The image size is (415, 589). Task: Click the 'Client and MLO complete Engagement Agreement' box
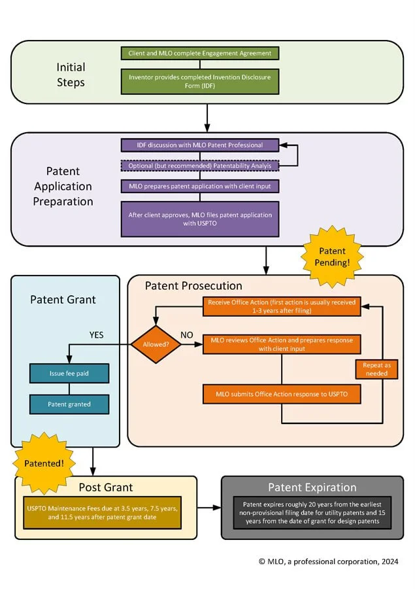point(200,53)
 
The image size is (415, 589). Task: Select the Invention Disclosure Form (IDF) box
point(200,81)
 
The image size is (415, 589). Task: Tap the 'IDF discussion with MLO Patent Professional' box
point(200,144)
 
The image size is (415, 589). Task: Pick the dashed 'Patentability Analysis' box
point(200,166)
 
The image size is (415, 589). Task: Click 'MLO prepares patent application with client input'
point(200,187)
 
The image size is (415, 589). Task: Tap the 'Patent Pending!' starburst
point(332,256)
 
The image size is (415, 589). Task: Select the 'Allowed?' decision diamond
point(156,344)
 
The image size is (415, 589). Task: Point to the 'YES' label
point(96,335)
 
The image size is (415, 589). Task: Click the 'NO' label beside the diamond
point(186,334)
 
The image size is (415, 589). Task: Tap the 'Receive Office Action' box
point(282,307)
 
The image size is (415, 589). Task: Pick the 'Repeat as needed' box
point(378,369)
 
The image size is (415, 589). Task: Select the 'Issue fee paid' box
point(69,373)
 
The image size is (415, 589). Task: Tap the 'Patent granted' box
point(69,404)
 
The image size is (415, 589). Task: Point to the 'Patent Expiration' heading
point(312,487)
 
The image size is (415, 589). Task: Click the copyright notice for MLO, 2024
point(328,562)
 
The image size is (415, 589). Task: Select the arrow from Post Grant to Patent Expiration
point(208,507)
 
